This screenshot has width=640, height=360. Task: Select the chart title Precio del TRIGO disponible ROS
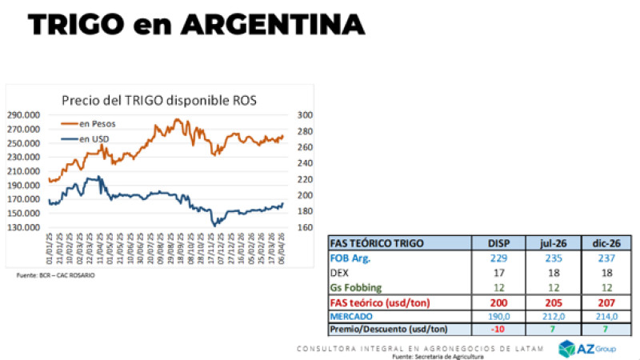165,100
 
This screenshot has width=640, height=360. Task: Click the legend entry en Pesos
95,124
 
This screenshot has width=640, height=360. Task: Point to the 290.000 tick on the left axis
29,115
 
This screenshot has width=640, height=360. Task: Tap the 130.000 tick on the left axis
29,227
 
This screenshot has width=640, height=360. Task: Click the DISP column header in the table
499,243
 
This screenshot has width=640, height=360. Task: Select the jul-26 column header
552,243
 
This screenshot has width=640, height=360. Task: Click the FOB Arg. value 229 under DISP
499,258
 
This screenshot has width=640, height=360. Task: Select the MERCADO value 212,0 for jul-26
552,316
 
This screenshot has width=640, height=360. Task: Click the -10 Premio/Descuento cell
499,330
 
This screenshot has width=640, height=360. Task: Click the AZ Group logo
596,348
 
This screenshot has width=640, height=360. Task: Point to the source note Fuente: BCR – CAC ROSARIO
56,274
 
